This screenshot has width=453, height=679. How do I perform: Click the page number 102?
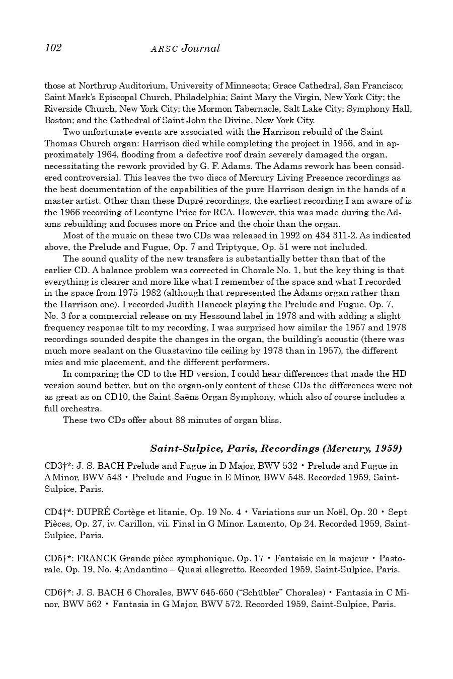(x=53, y=48)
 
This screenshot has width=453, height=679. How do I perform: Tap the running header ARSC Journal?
(x=185, y=48)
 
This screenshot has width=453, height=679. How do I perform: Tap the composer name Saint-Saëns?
(x=174, y=397)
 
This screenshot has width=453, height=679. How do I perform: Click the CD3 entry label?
(x=55, y=466)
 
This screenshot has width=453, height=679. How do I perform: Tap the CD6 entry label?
(x=55, y=593)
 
